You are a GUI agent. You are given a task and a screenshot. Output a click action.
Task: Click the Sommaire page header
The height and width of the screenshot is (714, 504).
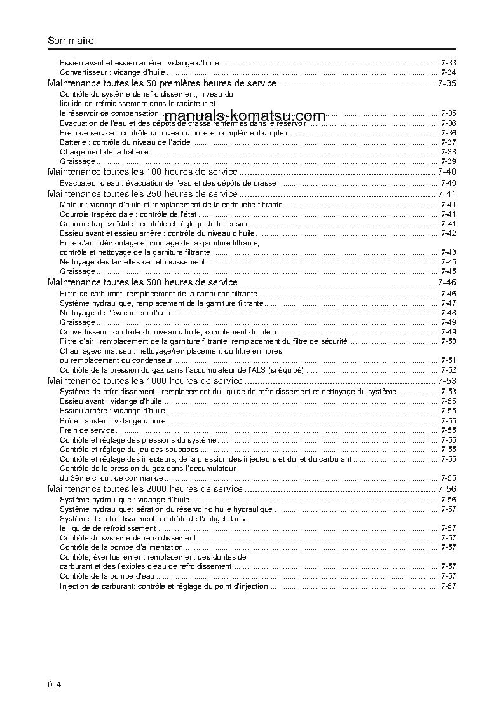click(x=71, y=41)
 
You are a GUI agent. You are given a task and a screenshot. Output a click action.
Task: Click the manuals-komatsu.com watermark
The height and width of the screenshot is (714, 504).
click(x=245, y=116)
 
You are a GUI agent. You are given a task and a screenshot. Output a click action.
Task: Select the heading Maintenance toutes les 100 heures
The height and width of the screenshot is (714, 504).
click(x=143, y=172)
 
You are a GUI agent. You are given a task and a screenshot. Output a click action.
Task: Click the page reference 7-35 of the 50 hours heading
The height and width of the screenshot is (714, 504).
click(x=447, y=83)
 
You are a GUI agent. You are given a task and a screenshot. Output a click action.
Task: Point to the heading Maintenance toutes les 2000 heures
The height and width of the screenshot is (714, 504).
click(x=146, y=489)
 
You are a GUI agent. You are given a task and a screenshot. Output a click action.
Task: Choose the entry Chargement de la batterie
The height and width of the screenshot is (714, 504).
click(x=104, y=152)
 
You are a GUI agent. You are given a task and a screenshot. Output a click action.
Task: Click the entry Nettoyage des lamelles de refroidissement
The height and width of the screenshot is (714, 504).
click(x=132, y=262)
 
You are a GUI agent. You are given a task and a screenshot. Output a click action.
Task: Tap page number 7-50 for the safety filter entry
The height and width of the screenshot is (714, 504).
click(x=448, y=341)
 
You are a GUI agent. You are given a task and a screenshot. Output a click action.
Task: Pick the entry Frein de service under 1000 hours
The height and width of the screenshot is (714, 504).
click(x=88, y=430)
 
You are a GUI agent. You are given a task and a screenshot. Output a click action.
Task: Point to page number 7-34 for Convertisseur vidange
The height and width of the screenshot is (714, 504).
click(x=448, y=73)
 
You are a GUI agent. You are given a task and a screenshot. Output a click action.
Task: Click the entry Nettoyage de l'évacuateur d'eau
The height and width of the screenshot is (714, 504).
click(x=115, y=313)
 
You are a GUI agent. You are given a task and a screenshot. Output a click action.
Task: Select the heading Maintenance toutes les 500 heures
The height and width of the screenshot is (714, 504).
click(x=143, y=282)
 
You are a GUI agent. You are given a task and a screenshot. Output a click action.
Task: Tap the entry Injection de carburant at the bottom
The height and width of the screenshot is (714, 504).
click(x=164, y=586)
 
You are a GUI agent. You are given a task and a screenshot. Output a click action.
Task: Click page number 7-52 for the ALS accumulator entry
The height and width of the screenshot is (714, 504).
click(x=448, y=370)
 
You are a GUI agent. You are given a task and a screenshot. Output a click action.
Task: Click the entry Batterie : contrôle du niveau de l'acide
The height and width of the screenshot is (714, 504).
click(x=125, y=142)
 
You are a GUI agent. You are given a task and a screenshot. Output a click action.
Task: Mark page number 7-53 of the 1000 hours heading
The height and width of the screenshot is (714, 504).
click(x=447, y=381)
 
